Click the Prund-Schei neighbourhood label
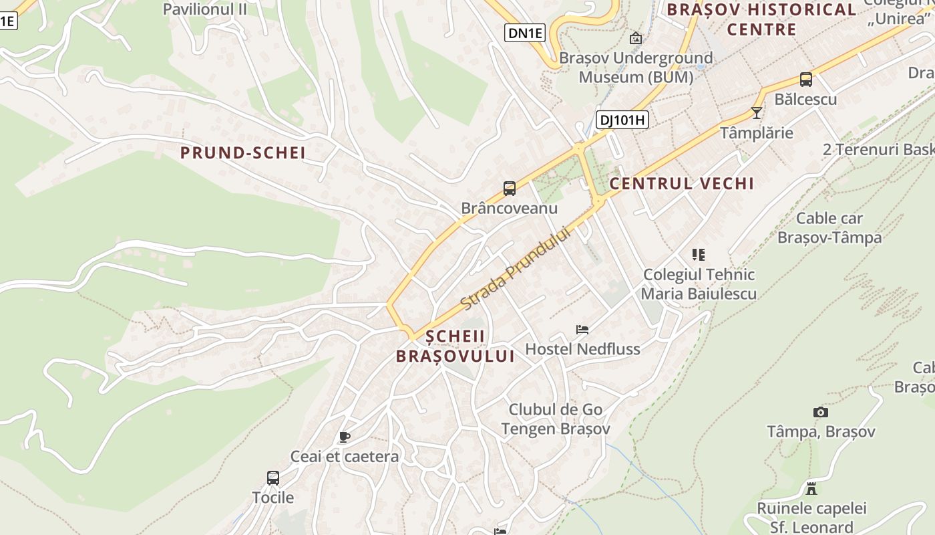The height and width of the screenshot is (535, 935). click(x=243, y=153)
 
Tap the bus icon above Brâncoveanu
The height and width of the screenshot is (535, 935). click(x=510, y=189)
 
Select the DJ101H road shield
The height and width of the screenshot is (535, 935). click(x=622, y=120)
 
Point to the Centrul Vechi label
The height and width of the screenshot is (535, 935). click(x=682, y=183)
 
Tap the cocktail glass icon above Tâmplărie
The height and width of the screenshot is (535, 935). click(x=756, y=113)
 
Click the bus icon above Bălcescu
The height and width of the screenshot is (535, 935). click(x=805, y=80)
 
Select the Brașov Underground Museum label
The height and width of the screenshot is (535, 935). click(x=635, y=68)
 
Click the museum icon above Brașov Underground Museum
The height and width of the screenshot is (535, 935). click(x=635, y=38)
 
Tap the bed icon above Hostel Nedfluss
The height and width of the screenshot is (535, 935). click(x=582, y=329)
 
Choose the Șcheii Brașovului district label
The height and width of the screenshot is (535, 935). click(x=455, y=346)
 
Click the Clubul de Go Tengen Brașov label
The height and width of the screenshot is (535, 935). click(x=556, y=419)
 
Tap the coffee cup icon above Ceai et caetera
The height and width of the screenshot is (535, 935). click(x=344, y=437)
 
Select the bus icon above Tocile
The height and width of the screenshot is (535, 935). click(x=272, y=478)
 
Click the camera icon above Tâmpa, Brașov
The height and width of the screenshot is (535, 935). click(x=820, y=412)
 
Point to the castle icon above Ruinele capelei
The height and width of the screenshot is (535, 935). click(x=811, y=489)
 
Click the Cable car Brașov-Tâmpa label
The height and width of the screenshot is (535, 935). click(x=829, y=228)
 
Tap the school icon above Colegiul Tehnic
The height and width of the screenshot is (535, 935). click(x=699, y=254)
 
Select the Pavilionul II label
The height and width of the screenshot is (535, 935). click(x=205, y=9)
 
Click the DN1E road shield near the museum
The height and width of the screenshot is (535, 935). click(x=524, y=33)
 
